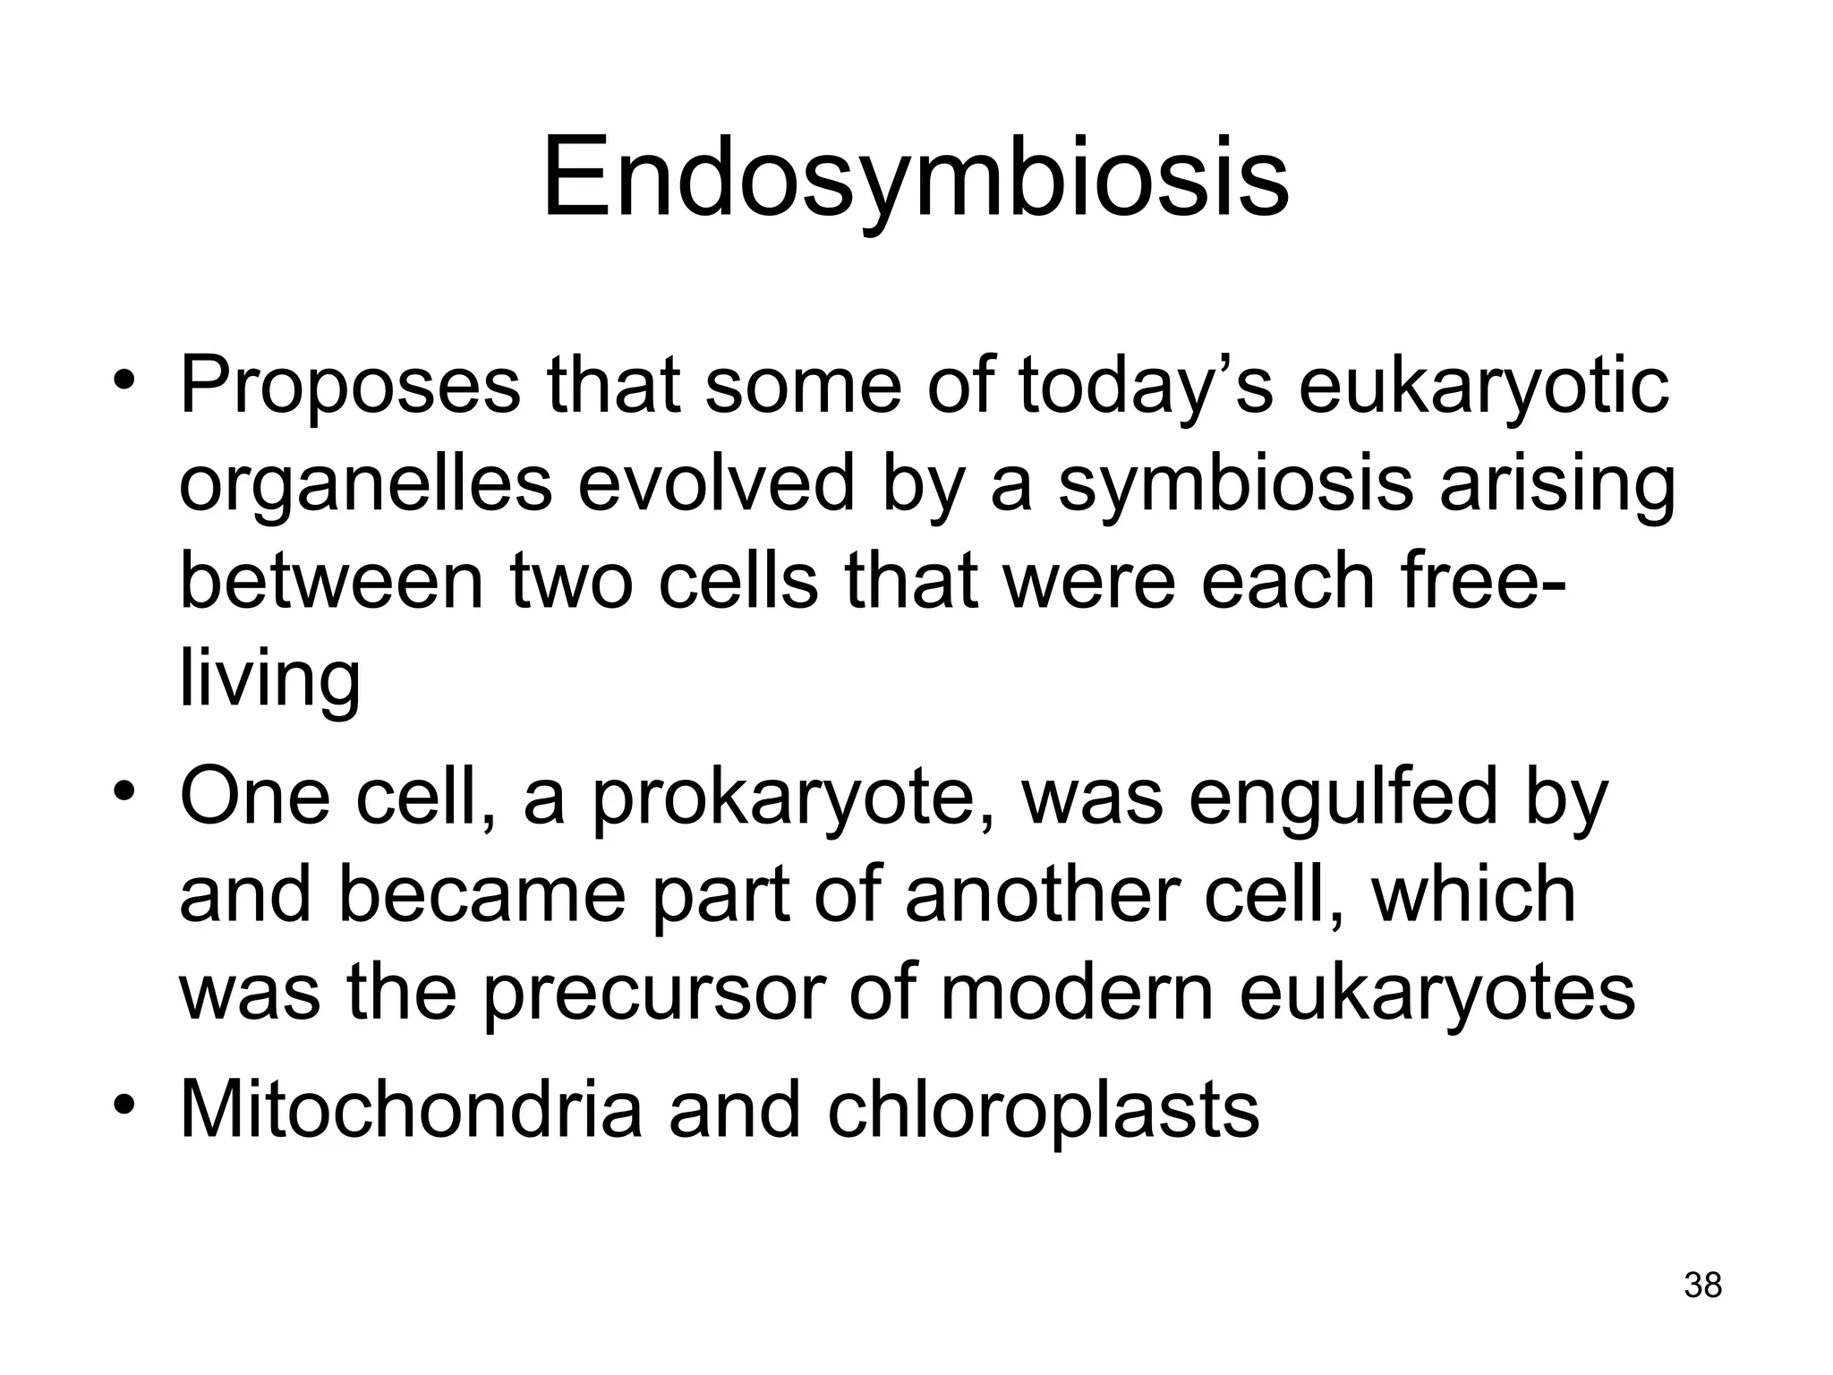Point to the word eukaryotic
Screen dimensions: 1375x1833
click(1483, 388)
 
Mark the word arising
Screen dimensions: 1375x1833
click(1556, 485)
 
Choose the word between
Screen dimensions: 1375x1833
click(330, 581)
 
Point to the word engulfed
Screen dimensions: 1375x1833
click(1343, 796)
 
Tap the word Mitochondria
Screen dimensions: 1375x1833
click(411, 1109)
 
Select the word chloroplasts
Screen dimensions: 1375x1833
click(1043, 1109)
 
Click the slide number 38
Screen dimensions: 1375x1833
click(1702, 1285)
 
